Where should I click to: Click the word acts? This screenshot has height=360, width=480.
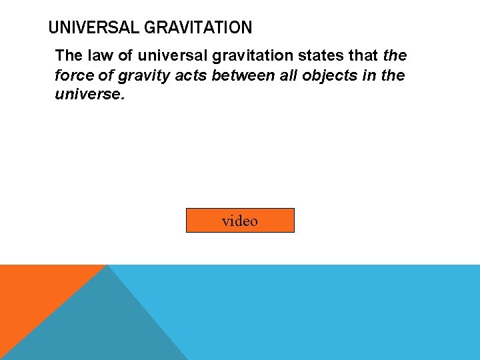tap(191, 75)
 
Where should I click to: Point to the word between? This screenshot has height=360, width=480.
tap(240, 75)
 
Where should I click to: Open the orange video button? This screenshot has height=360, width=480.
tap(240, 221)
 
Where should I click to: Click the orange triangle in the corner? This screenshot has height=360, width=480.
tap(33, 293)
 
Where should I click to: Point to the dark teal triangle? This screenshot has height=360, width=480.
tap(100, 327)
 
